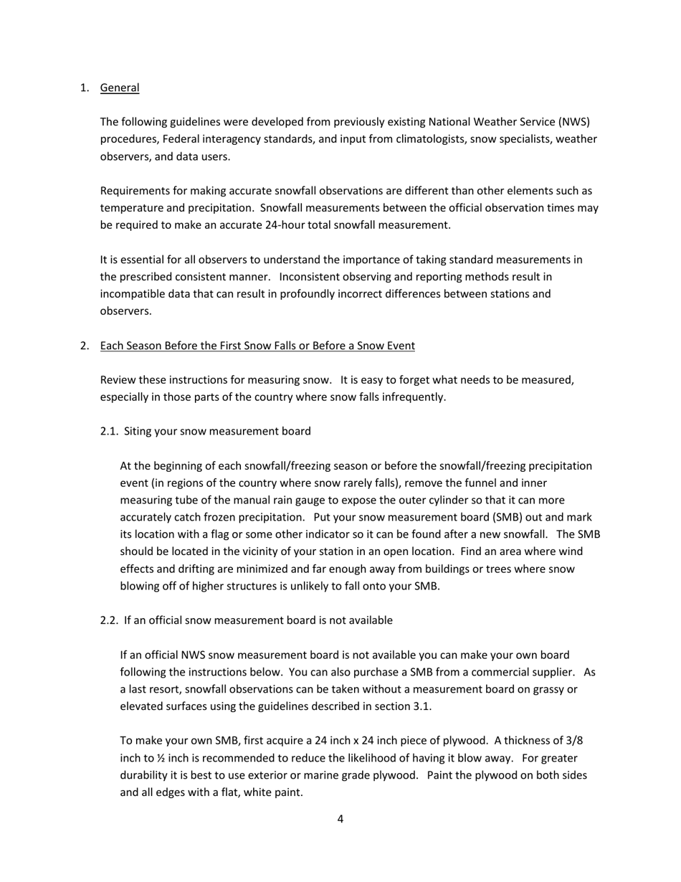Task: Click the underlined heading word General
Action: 120,87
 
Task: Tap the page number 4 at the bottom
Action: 340,819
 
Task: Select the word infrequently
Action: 411,397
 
